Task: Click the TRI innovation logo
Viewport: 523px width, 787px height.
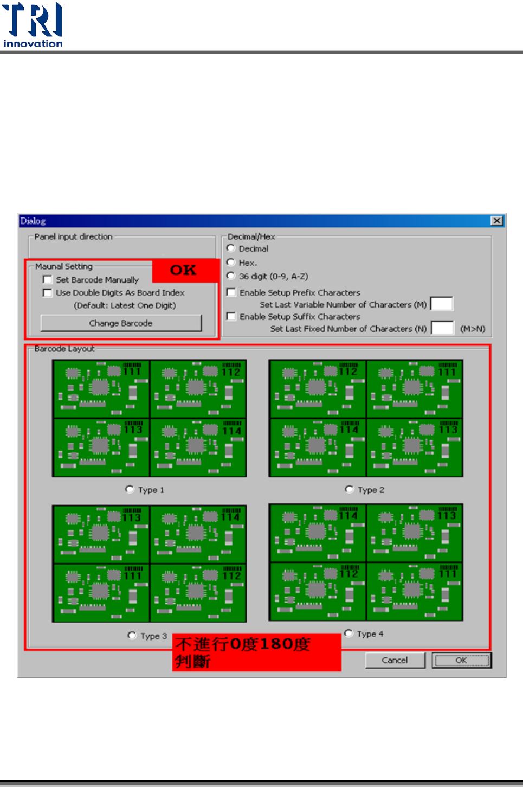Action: coord(33,25)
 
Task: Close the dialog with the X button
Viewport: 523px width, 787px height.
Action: coord(496,221)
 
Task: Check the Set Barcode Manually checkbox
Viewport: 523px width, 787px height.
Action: coord(48,280)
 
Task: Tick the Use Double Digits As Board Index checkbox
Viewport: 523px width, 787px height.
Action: coord(48,293)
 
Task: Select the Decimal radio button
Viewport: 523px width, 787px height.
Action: coord(231,248)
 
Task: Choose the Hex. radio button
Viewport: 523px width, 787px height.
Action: coord(231,263)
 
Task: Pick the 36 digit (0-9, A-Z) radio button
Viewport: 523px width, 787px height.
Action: coord(231,276)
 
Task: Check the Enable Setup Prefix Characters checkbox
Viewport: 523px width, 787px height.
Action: coord(231,292)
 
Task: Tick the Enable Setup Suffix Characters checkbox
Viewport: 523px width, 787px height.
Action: coord(231,317)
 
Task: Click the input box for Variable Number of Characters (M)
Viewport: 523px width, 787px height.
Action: coord(441,304)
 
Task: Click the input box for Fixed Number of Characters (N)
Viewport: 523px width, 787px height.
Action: coord(442,328)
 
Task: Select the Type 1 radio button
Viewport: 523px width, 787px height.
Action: coord(130,489)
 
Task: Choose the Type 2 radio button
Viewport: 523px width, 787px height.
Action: coord(349,489)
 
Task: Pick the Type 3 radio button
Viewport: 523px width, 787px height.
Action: coord(132,635)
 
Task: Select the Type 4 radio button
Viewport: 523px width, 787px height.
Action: coord(348,634)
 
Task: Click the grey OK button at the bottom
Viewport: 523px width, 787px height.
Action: coord(461,660)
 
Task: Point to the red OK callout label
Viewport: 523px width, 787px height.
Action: coord(184,270)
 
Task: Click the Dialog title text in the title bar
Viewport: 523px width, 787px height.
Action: coord(33,221)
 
